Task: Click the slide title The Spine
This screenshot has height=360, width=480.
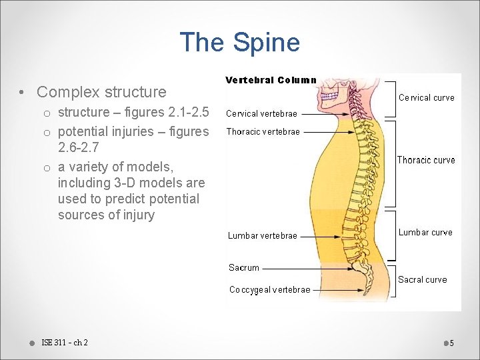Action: [239, 43]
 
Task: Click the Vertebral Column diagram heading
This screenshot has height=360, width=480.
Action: [270, 80]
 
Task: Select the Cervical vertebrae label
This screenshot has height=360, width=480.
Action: [261, 113]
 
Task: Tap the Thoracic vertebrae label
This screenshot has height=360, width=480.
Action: [263, 131]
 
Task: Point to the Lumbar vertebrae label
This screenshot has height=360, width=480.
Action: [262, 235]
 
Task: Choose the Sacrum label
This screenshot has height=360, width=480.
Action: [243, 267]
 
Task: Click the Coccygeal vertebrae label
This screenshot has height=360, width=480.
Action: [269, 289]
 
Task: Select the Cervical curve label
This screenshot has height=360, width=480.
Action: [426, 97]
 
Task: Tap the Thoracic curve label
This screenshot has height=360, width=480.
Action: [426, 160]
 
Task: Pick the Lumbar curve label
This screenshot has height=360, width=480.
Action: [425, 232]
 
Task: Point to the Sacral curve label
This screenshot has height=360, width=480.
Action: [422, 279]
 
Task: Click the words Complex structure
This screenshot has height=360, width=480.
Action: [101, 91]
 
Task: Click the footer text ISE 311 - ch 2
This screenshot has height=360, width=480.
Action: [64, 343]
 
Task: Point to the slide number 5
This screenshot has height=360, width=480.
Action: [451, 343]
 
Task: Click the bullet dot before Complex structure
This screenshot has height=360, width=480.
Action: [22, 92]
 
